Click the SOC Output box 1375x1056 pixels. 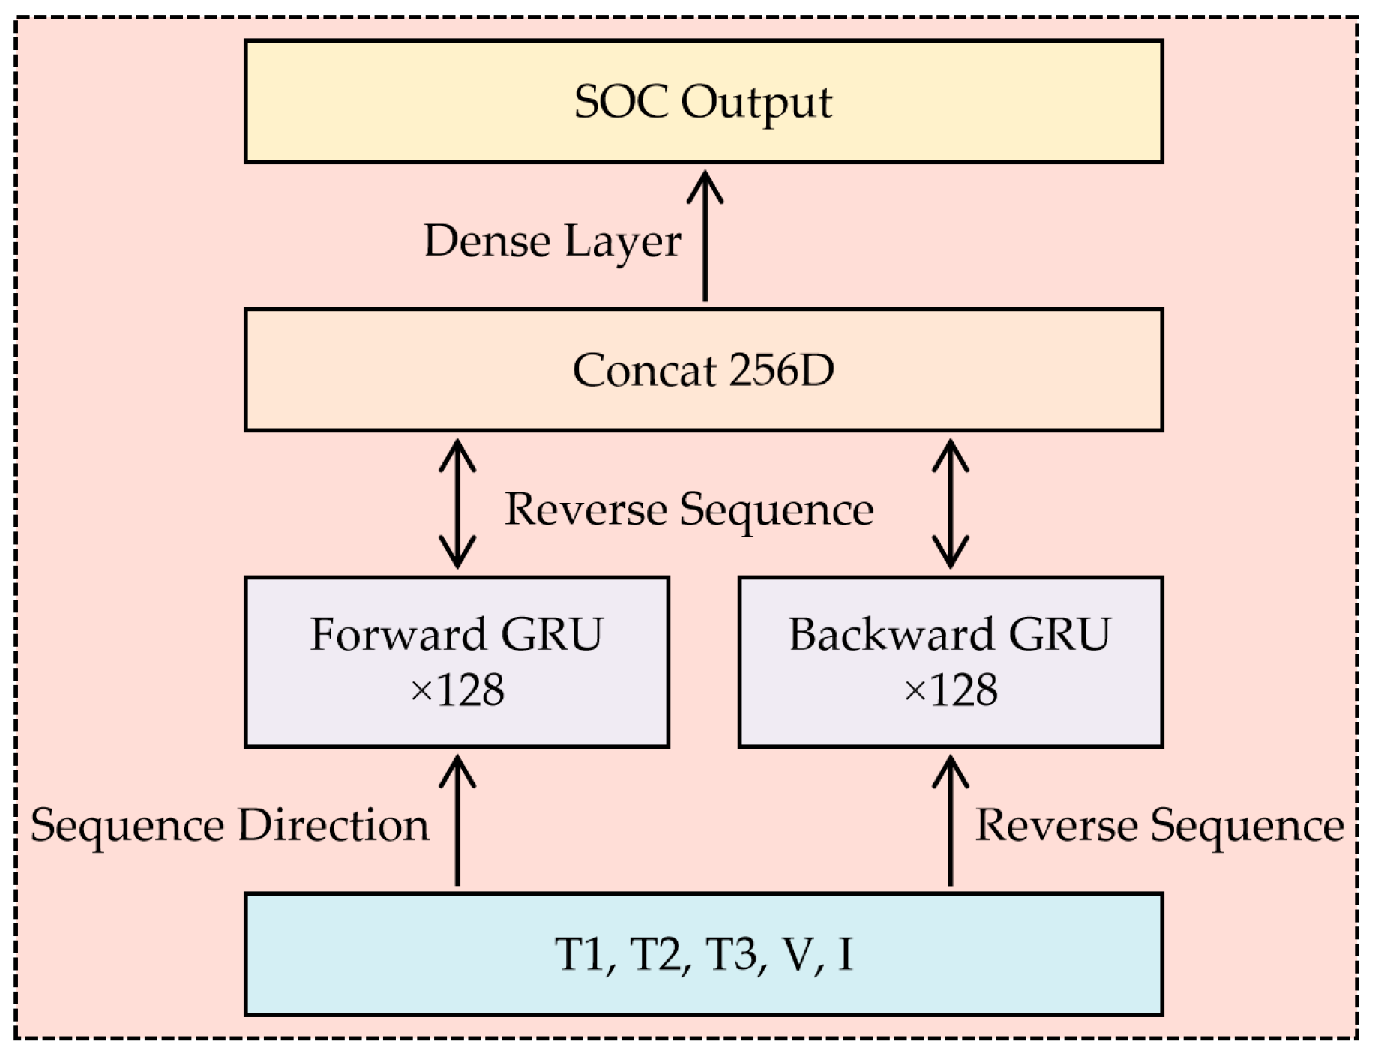[703, 101]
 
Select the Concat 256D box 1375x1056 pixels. [703, 369]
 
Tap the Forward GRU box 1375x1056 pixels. [457, 661]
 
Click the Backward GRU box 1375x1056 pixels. [950, 661]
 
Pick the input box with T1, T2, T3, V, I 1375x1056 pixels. [703, 953]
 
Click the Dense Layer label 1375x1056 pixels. [553, 241]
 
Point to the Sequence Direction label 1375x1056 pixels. [229, 825]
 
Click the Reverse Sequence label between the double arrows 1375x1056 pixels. [689, 509]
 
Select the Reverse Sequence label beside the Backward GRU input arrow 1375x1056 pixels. [1159, 825]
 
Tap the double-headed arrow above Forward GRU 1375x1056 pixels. [457, 504]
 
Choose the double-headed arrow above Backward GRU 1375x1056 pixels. [951, 504]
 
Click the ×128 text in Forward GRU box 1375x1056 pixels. [457, 690]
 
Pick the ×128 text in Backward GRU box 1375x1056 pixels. [951, 690]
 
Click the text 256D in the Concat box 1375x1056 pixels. [780, 369]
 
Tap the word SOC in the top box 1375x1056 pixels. [621, 101]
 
